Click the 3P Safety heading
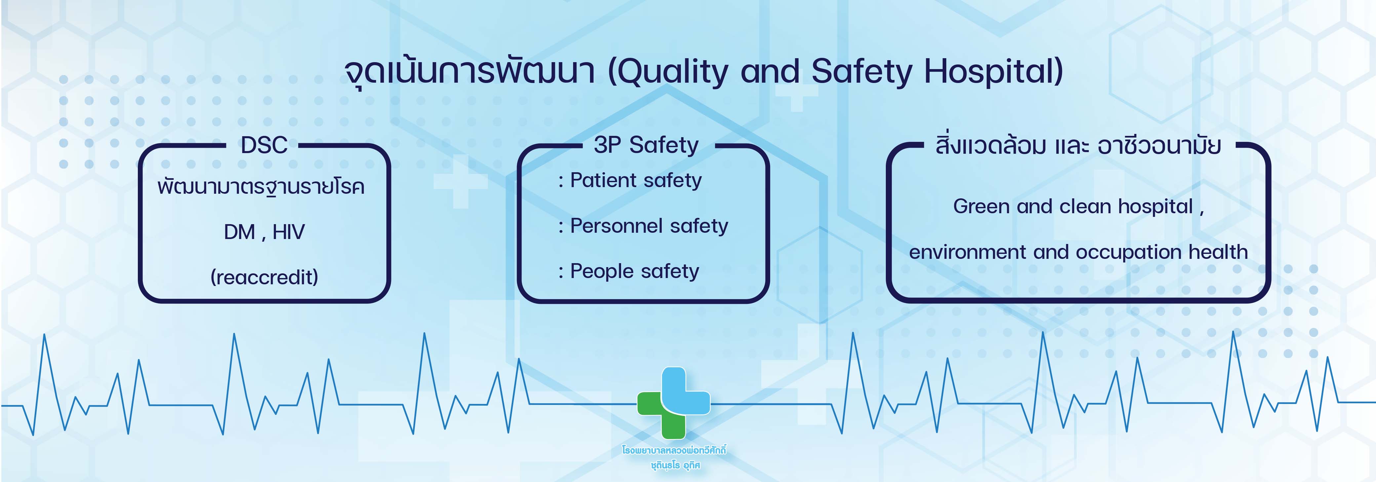click(646, 145)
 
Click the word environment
click(968, 252)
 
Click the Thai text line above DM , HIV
click(261, 187)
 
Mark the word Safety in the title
click(862, 72)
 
